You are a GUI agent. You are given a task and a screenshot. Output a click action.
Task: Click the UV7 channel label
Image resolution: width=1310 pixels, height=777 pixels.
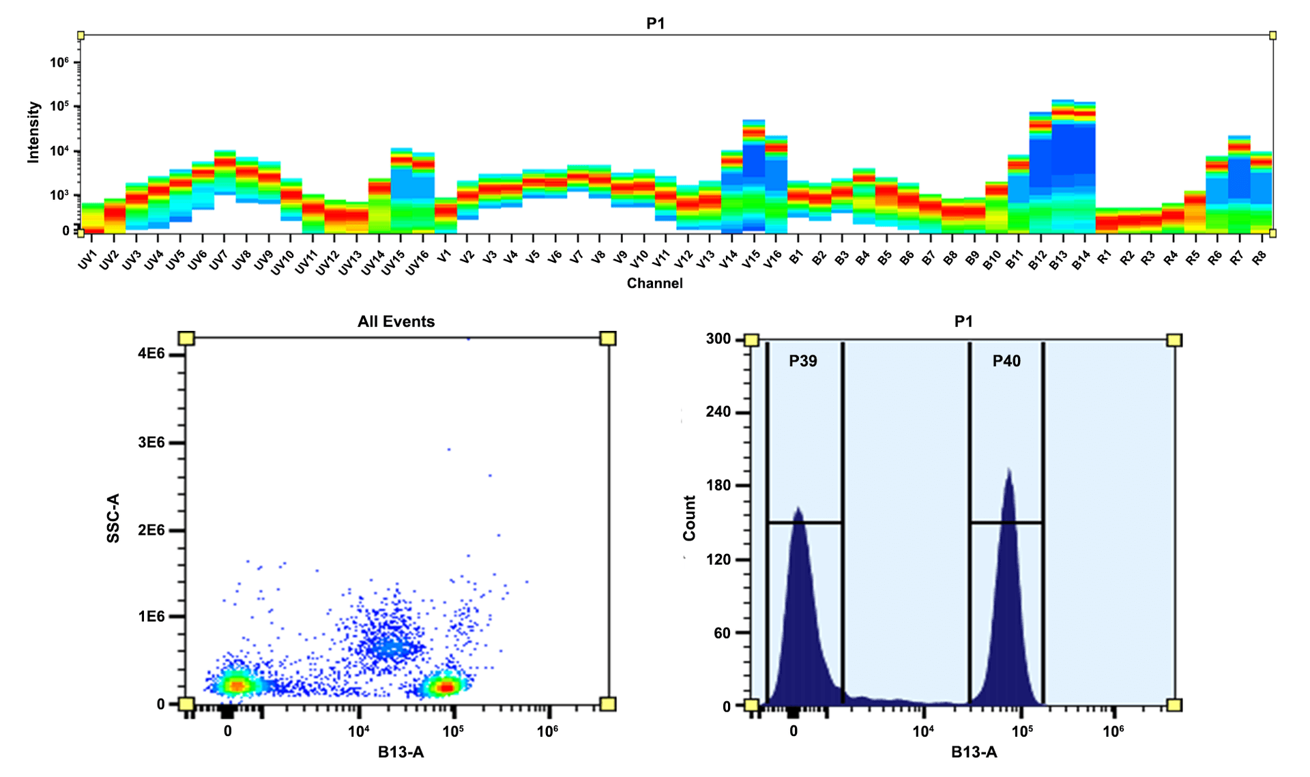[218, 261]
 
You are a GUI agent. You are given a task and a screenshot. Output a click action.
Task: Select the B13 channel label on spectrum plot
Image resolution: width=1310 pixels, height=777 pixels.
[1058, 261]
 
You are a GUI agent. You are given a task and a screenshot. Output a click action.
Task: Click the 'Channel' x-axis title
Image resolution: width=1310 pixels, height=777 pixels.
[654, 283]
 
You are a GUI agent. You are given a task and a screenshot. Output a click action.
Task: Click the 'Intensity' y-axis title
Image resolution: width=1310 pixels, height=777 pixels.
[33, 132]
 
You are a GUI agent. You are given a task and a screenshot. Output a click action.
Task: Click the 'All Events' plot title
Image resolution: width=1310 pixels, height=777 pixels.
[396, 321]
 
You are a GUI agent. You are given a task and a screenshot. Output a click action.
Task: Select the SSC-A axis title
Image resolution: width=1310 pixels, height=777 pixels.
[113, 518]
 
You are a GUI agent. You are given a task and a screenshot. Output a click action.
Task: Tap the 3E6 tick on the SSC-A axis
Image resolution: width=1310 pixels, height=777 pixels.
[151, 443]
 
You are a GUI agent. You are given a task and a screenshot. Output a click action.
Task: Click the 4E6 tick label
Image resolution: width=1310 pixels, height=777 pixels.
[151, 353]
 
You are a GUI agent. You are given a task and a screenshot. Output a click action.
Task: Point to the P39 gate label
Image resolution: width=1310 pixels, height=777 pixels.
[803, 361]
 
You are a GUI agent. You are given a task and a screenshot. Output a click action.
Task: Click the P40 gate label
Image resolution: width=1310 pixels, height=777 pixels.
[1006, 361]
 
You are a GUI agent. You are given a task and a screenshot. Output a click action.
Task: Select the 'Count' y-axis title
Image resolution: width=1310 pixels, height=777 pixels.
[689, 518]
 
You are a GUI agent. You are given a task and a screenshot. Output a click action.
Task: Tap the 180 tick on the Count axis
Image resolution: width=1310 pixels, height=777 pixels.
[718, 486]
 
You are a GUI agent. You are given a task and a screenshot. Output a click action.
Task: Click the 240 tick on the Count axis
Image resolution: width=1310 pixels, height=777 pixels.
[718, 412]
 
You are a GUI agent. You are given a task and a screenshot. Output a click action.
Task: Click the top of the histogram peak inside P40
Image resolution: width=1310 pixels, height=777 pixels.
[1008, 469]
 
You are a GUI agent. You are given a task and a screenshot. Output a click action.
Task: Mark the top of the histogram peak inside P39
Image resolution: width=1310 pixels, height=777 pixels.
[797, 509]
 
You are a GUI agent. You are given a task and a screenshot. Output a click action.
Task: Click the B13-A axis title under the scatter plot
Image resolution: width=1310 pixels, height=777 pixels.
[401, 752]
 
